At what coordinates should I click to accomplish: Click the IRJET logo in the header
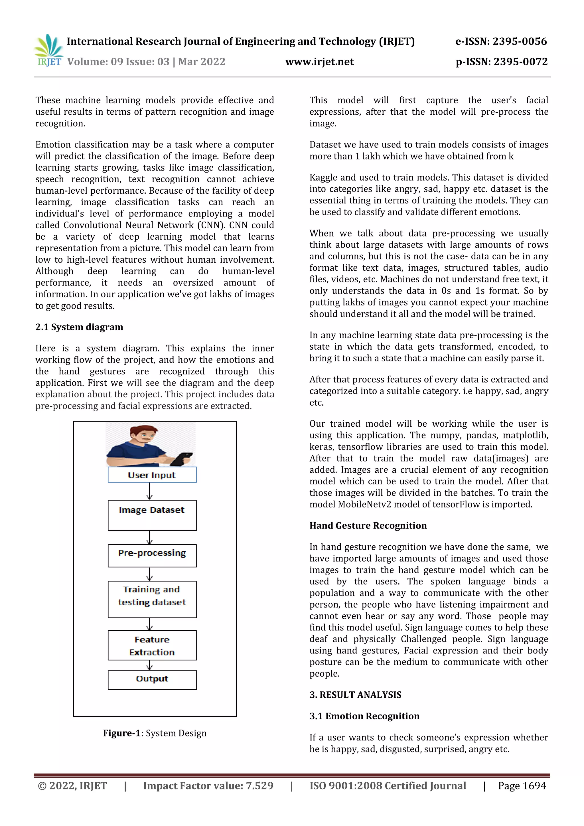[48, 51]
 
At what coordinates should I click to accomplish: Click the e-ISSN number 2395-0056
[501, 42]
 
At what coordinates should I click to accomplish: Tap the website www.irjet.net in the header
[319, 62]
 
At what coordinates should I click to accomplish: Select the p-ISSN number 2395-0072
[502, 62]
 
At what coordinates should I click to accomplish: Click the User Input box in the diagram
[152, 475]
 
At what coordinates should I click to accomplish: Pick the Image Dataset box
[152, 515]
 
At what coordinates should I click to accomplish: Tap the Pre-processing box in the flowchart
[152, 555]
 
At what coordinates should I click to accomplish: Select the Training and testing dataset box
[152, 599]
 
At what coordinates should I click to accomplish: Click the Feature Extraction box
[152, 645]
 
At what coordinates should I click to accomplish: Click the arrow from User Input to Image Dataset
[150, 491]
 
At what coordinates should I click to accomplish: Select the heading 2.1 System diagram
[79, 327]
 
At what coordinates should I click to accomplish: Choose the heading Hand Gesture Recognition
[368, 526]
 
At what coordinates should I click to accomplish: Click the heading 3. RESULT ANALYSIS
[355, 695]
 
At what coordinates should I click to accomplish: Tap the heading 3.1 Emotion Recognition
[364, 716]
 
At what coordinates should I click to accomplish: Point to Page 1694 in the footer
[522, 786]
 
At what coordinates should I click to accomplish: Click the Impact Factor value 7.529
[208, 786]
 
